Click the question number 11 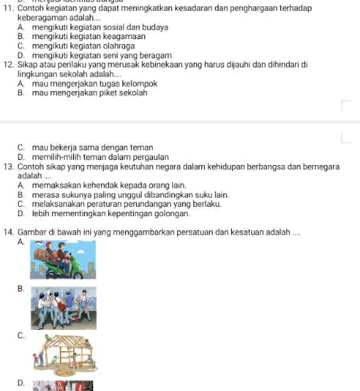(9, 6)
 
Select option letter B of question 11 (21, 34)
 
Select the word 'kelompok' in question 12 (139, 80)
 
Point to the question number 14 (9, 231)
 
